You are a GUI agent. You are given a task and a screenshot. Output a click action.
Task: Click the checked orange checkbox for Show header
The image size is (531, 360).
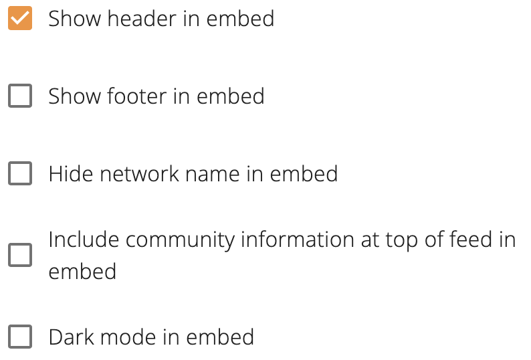(20, 18)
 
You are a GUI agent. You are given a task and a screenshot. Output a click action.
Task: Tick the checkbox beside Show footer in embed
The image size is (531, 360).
(20, 96)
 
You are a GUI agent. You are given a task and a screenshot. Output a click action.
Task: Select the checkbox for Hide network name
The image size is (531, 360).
(20, 173)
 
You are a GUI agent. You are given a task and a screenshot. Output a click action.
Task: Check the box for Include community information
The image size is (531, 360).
(20, 255)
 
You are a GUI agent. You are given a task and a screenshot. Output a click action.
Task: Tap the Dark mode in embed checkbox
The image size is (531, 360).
(20, 337)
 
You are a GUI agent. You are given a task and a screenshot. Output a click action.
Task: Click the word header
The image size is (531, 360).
(142, 18)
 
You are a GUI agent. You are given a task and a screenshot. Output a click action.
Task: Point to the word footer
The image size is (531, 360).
(136, 96)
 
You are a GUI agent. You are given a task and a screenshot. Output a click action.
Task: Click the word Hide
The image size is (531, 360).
(71, 174)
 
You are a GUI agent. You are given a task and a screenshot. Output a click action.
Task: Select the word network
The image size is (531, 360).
(140, 174)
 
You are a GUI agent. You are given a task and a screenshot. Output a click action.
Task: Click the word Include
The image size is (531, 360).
(84, 240)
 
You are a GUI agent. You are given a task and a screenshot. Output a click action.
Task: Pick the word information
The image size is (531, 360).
(298, 240)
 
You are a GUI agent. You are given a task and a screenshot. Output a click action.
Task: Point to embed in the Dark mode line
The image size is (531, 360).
(220, 337)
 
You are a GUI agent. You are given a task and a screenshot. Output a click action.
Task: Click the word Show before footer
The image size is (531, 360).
(74, 96)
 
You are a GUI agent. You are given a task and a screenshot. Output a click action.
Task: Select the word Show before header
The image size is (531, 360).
(74, 18)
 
